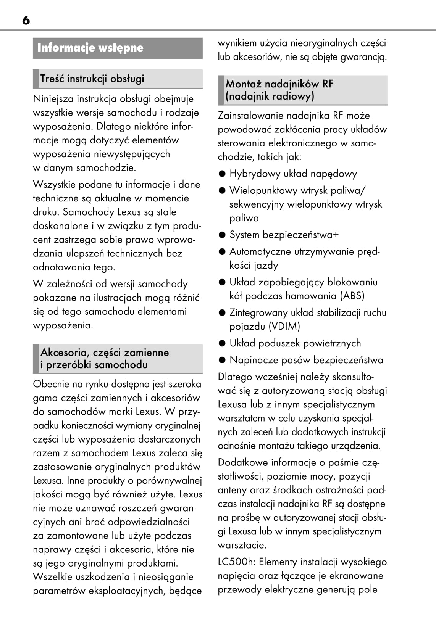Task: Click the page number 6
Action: tap(26, 20)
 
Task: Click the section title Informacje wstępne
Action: tap(90, 48)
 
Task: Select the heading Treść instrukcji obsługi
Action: tap(92, 79)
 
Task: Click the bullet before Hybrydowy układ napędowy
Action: tap(222, 174)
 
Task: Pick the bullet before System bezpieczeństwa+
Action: tap(222, 235)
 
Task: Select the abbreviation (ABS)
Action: tap(352, 296)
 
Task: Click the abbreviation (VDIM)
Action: tap(284, 327)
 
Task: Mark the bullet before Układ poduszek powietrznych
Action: tap(222, 343)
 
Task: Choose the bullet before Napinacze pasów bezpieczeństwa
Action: tap(222, 360)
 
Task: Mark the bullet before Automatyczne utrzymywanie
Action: tap(222, 252)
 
